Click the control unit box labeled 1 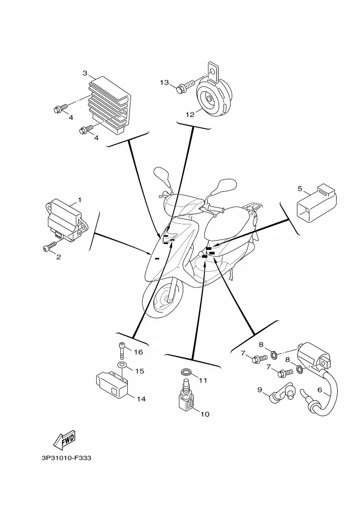pyautogui.click(x=67, y=220)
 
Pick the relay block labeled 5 pyautogui.click(x=316, y=203)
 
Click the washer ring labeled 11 pyautogui.click(x=186, y=371)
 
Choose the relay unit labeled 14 pyautogui.click(x=111, y=386)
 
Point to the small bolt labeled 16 pyautogui.click(x=122, y=350)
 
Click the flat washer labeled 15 pyautogui.click(x=122, y=365)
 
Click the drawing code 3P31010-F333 pyautogui.click(x=66, y=458)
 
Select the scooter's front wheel pyautogui.click(x=162, y=297)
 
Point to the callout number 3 pyautogui.click(x=85, y=73)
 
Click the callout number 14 pyautogui.click(x=141, y=399)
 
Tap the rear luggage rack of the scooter pyautogui.click(x=255, y=207)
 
